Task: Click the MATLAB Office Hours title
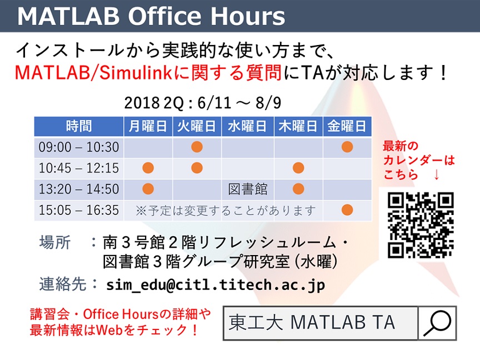pos(151,16)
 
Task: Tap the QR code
pos(421,225)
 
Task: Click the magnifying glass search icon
pos(437,323)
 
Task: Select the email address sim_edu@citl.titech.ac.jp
pos(216,285)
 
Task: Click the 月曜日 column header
pos(148,126)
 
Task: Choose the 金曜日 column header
pos(347,126)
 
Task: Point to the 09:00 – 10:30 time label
pos(79,147)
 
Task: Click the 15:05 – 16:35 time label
pos(79,211)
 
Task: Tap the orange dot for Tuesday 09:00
pos(197,147)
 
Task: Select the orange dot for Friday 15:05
pos(347,210)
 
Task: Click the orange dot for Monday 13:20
pos(148,189)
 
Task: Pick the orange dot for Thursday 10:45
pos(298,168)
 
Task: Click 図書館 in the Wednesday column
pos(248,189)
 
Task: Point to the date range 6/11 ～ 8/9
pos(239,103)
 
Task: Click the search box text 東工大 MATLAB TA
pos(312,322)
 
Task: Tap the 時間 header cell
pos(79,126)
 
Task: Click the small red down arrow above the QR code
pos(437,175)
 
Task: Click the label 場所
pos(55,242)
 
